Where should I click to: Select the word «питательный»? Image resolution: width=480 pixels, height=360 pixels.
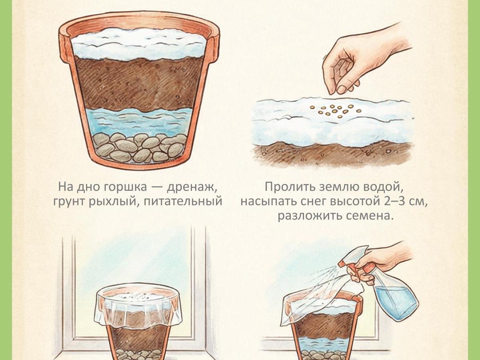[183, 201]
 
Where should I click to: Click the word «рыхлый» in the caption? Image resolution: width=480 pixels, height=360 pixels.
[115, 202]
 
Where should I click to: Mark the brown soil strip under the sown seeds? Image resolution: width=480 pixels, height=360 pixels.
[332, 154]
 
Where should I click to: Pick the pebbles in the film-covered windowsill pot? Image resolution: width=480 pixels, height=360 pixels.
[139, 355]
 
